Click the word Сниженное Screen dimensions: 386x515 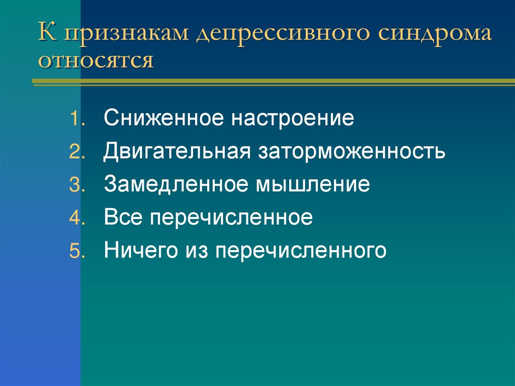(162, 119)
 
